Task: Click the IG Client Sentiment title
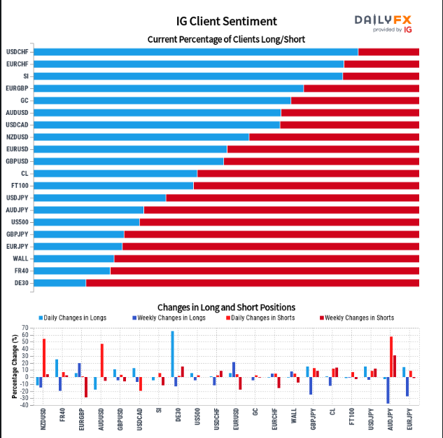[226, 21]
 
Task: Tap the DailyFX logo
[383, 22]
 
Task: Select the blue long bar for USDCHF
[195, 52]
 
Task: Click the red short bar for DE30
[252, 282]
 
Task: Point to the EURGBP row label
[17, 88]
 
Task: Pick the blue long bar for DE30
[59, 282]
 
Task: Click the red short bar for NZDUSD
[334, 137]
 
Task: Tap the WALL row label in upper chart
[20, 259]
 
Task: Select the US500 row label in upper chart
[20, 222]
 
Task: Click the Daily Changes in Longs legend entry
[73, 318]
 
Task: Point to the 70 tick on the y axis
[24, 328]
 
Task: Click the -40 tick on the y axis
[24, 404]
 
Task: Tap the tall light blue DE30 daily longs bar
[172, 354]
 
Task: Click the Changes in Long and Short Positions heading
[226, 307]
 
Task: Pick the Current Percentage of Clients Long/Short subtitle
[226, 39]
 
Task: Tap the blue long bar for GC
[162, 100]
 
